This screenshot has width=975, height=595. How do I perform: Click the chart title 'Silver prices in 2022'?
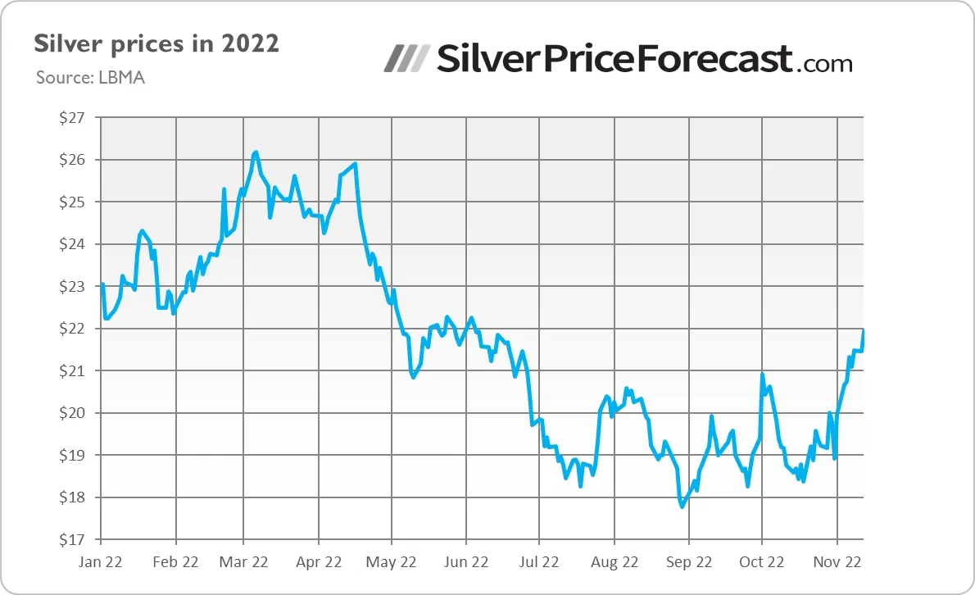tap(156, 43)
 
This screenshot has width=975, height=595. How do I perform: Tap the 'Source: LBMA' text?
tap(91, 78)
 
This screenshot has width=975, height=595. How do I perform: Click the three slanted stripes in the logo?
tap(407, 58)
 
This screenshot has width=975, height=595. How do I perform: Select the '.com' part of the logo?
tap(823, 62)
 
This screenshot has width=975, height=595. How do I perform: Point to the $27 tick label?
tap(72, 117)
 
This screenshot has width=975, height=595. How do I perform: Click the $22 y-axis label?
tap(72, 329)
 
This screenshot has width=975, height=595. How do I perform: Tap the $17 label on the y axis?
tap(72, 540)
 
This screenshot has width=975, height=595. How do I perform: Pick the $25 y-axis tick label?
tap(72, 202)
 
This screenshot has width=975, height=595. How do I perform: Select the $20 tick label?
tap(72, 413)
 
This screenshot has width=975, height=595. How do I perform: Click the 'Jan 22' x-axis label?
tap(101, 562)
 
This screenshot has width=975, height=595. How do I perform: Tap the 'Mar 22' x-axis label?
tap(244, 562)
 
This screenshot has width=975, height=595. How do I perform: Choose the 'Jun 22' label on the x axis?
tap(465, 562)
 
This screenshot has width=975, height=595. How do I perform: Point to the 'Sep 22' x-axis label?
tap(688, 562)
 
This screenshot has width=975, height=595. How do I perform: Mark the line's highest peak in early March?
tap(256, 152)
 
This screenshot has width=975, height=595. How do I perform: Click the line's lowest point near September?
tap(682, 506)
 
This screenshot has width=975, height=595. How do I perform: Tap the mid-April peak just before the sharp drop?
tap(355, 164)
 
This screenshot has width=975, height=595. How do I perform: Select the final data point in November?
tap(864, 330)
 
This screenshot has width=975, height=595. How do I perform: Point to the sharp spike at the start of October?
tap(762, 375)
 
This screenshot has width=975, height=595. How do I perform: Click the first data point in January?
tap(102, 284)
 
